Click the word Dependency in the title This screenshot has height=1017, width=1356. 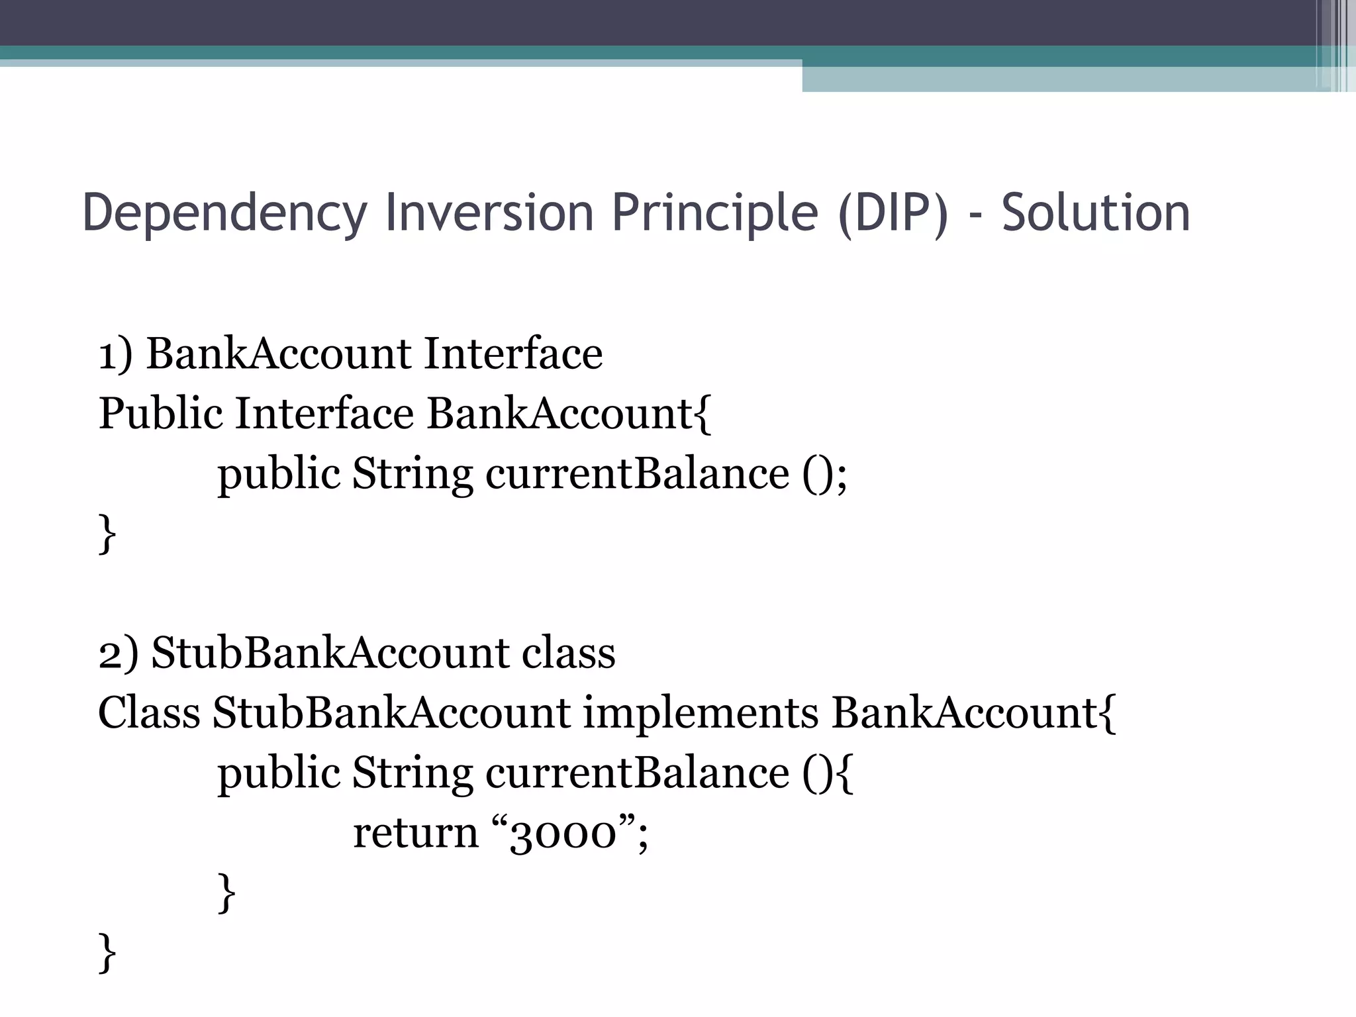[x=224, y=213]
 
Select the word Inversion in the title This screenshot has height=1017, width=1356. [x=489, y=213]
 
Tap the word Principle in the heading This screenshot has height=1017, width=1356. [x=715, y=213]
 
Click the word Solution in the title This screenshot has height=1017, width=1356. [x=1096, y=213]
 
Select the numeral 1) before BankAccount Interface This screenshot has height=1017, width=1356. [x=116, y=354]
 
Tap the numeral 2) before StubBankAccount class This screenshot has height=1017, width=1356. [x=119, y=654]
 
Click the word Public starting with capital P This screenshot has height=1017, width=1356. [x=161, y=414]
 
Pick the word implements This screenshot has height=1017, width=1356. [x=701, y=714]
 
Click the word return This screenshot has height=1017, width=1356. [x=415, y=833]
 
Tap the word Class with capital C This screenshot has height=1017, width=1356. [x=149, y=714]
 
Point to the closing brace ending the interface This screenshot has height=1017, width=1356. [x=107, y=534]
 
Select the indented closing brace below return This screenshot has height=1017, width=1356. [x=226, y=893]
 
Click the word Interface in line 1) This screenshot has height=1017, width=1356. [x=513, y=354]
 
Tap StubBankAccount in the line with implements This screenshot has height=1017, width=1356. [x=391, y=714]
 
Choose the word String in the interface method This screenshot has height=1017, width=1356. [x=412, y=474]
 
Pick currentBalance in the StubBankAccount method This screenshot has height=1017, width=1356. [x=637, y=773]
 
